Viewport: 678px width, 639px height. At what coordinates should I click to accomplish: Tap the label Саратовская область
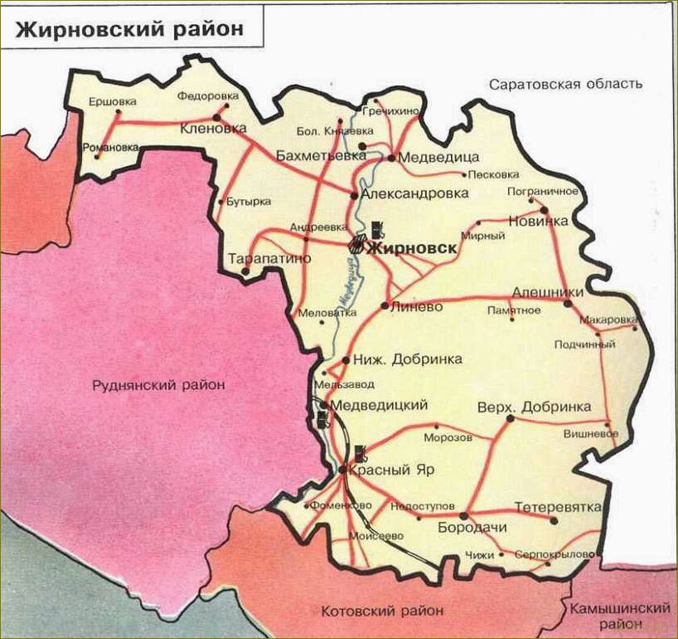(566, 85)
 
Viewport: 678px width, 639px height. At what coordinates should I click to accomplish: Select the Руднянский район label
(159, 384)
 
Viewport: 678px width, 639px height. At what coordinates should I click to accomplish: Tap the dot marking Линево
(385, 305)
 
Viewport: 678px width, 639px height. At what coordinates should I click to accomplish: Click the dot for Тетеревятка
(554, 520)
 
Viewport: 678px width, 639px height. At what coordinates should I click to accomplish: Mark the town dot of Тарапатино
(245, 271)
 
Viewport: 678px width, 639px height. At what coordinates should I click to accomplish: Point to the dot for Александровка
(354, 196)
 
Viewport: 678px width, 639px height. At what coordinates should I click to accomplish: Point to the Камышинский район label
(619, 616)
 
